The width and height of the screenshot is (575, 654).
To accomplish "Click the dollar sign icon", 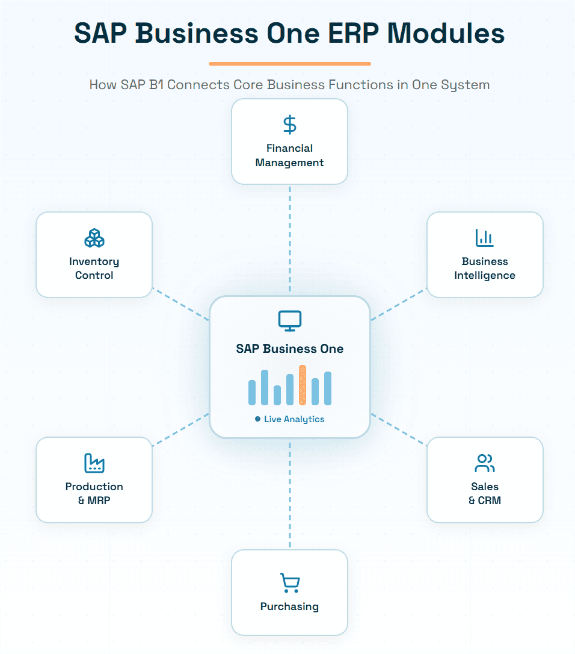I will pos(290,125).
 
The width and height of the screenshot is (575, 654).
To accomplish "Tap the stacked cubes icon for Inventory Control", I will pos(94,238).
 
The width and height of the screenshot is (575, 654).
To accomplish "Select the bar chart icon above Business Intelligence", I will pos(484,238).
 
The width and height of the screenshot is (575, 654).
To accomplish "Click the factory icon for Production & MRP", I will pos(94,463).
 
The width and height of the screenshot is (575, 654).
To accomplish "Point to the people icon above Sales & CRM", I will pos(484,463).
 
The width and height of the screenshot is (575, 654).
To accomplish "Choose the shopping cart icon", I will pos(290,583).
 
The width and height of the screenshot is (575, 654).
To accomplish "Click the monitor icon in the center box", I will pos(290,321).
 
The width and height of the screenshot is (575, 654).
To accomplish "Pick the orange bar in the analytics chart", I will pos(303,385).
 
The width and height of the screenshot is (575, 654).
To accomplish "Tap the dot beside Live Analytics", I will pos(258,419).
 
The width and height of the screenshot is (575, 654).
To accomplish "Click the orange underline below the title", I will pos(290,63).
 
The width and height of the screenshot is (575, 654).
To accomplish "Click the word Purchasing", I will pos(289,606).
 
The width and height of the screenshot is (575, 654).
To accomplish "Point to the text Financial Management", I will pos(289,155).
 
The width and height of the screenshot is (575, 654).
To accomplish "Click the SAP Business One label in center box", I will pos(290,349).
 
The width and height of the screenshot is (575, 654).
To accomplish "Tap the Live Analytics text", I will pos(294,419).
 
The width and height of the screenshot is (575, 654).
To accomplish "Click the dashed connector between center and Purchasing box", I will pos(290,494).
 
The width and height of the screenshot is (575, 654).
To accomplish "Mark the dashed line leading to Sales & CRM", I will pos(399,429).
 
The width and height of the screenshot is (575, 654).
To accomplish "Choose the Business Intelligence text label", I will pos(484,269).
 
